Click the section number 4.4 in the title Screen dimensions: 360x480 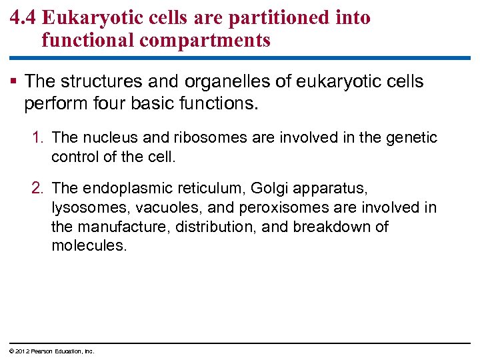(23, 18)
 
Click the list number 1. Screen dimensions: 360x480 (39, 138)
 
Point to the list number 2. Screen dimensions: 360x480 (39, 189)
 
